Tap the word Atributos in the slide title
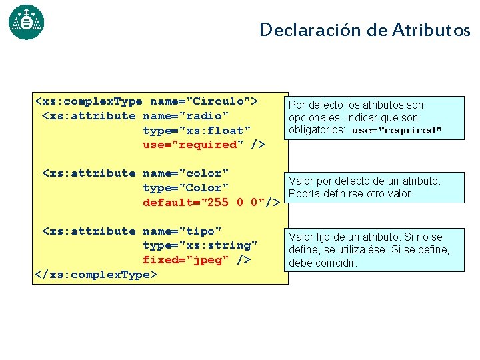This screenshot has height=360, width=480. point(431,30)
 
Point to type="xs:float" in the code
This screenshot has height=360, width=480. point(197,130)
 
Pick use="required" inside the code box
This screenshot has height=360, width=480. point(193,145)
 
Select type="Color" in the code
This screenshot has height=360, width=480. point(185,188)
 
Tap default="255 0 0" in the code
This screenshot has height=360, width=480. point(203,203)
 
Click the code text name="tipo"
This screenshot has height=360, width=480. point(182,231)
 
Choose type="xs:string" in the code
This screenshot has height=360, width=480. point(200,245)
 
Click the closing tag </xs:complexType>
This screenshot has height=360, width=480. point(95,274)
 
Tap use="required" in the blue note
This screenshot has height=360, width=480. point(397,131)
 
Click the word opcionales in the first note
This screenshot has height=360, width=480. point(314,117)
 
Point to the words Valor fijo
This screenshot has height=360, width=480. point(312,237)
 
